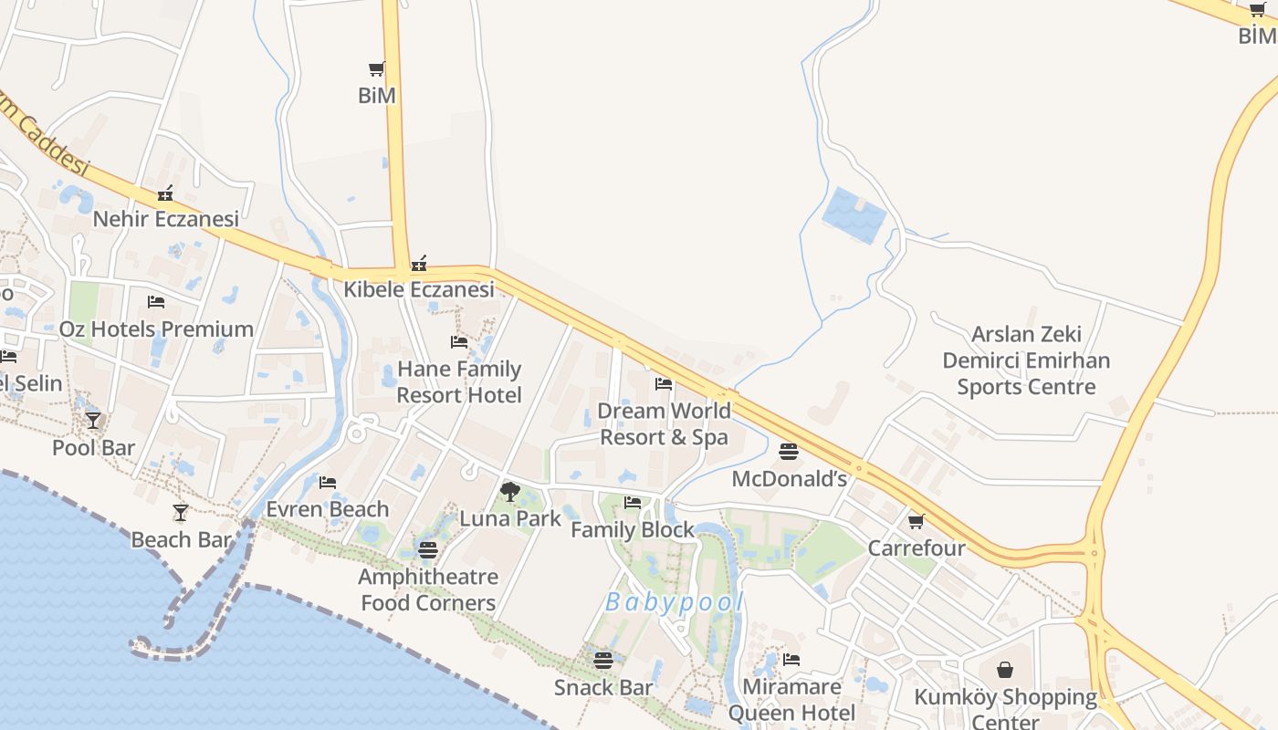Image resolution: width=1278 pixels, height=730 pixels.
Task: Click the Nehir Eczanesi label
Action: [166, 219]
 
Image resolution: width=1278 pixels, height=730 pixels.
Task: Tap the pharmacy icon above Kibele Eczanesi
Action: [419, 264]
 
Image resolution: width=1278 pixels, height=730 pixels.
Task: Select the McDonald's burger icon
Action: [789, 452]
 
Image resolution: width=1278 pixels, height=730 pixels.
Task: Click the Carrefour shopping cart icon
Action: [916, 521]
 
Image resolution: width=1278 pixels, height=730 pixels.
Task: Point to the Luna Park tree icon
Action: [510, 493]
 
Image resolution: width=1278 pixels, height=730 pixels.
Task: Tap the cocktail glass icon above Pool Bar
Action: [93, 420]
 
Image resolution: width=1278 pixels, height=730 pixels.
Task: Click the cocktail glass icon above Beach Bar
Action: [181, 513]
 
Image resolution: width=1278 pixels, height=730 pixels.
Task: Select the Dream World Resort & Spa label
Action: [664, 424]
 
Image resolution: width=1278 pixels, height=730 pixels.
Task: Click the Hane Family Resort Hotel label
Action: [459, 382]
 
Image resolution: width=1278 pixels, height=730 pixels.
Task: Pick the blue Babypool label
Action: [675, 602]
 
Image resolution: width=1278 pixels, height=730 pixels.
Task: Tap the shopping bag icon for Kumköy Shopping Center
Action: [1005, 670]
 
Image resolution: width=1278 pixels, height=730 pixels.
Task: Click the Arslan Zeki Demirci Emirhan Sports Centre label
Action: [1026, 360]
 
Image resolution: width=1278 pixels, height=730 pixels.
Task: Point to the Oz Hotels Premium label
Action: [156, 329]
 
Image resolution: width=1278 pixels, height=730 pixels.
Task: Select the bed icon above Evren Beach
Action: [328, 482]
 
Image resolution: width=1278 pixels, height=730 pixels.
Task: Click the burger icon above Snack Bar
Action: [602, 660]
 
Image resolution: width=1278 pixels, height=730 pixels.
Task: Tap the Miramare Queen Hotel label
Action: [791, 700]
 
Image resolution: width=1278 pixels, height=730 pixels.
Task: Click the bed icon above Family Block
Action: [633, 502]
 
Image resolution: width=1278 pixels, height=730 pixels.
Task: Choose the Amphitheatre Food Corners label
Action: [428, 589]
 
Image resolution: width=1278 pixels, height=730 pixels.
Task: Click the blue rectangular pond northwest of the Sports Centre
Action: [854, 214]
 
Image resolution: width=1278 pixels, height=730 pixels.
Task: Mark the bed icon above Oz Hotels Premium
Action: [156, 302]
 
